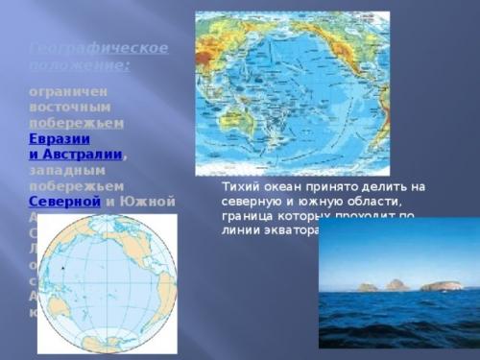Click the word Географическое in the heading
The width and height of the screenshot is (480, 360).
pos(98,47)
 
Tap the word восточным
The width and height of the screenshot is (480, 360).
pos(70,106)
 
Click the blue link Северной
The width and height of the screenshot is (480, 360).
pos(64,202)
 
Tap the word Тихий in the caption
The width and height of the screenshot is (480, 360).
pos(239,186)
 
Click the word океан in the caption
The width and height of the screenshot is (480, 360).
pos(282,186)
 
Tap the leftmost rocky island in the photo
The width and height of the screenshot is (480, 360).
pos(368,286)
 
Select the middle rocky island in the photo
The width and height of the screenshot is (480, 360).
pos(396,284)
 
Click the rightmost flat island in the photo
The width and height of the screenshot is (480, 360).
pos(441,285)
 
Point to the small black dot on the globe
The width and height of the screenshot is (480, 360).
pos(63,267)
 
